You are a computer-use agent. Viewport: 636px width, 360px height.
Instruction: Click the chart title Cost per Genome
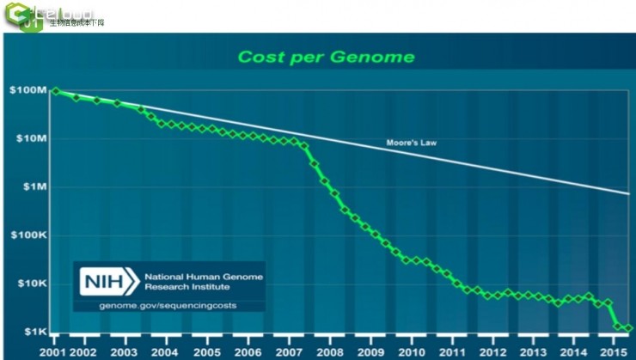326,58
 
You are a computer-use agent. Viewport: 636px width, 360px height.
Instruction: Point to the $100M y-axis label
28,90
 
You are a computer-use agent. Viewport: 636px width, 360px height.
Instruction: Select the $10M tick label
30,138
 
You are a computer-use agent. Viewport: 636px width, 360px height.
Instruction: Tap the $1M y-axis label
34,186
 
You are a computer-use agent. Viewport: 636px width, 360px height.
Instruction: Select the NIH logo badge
109,281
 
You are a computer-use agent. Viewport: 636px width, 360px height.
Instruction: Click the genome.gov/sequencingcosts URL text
168,305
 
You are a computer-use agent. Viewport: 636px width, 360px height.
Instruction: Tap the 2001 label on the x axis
53,351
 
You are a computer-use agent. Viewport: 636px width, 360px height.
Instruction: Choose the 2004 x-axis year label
165,351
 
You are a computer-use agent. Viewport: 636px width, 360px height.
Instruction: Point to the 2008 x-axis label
328,351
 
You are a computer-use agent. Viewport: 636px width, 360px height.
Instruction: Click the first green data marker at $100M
56,90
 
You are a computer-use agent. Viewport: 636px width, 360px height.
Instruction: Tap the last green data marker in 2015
628,327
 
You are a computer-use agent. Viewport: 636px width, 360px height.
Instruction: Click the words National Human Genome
204,277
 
